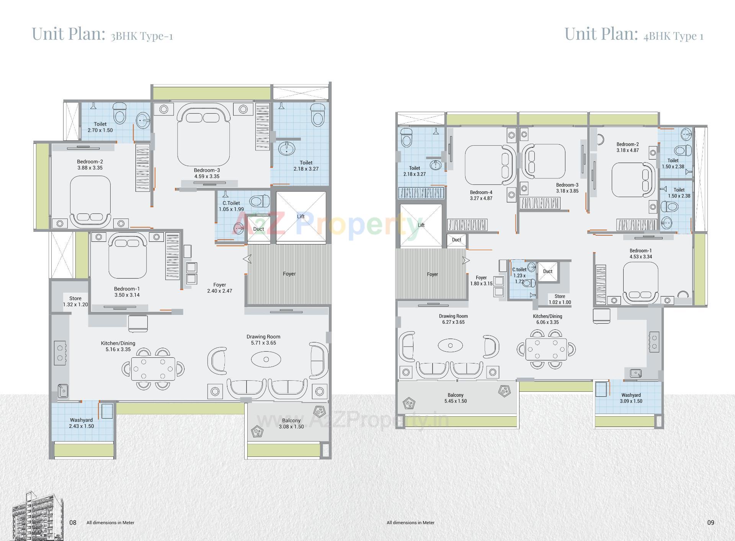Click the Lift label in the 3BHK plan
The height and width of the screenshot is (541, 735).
point(301,217)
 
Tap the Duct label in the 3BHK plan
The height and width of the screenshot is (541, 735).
point(258,229)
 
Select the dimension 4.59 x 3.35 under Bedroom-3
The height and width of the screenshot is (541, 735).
point(206,176)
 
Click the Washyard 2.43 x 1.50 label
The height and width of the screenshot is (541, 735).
point(81,423)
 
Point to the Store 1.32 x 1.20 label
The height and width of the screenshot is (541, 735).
point(75,301)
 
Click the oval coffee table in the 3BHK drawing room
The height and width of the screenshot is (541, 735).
point(266,360)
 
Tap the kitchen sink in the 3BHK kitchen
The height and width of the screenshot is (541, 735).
point(63,391)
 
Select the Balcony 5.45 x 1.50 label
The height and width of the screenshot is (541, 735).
point(456,398)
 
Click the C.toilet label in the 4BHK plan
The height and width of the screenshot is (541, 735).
point(519,269)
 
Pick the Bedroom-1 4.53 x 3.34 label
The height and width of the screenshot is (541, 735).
point(640,254)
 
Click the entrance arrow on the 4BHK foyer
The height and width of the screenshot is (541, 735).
point(466,261)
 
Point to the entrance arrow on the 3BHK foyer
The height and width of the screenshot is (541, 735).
point(247,259)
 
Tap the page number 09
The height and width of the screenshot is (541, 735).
point(710,523)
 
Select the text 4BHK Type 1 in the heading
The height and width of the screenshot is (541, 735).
point(673,36)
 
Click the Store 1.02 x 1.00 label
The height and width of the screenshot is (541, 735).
point(560,299)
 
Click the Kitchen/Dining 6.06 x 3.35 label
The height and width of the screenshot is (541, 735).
point(547,319)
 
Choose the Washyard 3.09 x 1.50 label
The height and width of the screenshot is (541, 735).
point(631,398)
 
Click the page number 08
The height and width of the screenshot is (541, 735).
point(73,523)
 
